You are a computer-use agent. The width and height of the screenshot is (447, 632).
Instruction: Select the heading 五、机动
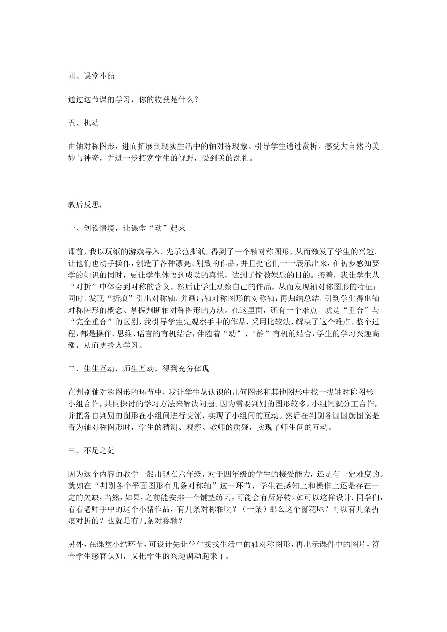(x=83, y=123)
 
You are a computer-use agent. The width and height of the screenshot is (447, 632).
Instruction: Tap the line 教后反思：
(x=84, y=205)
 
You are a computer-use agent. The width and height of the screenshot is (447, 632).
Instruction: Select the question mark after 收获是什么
(x=194, y=99)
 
